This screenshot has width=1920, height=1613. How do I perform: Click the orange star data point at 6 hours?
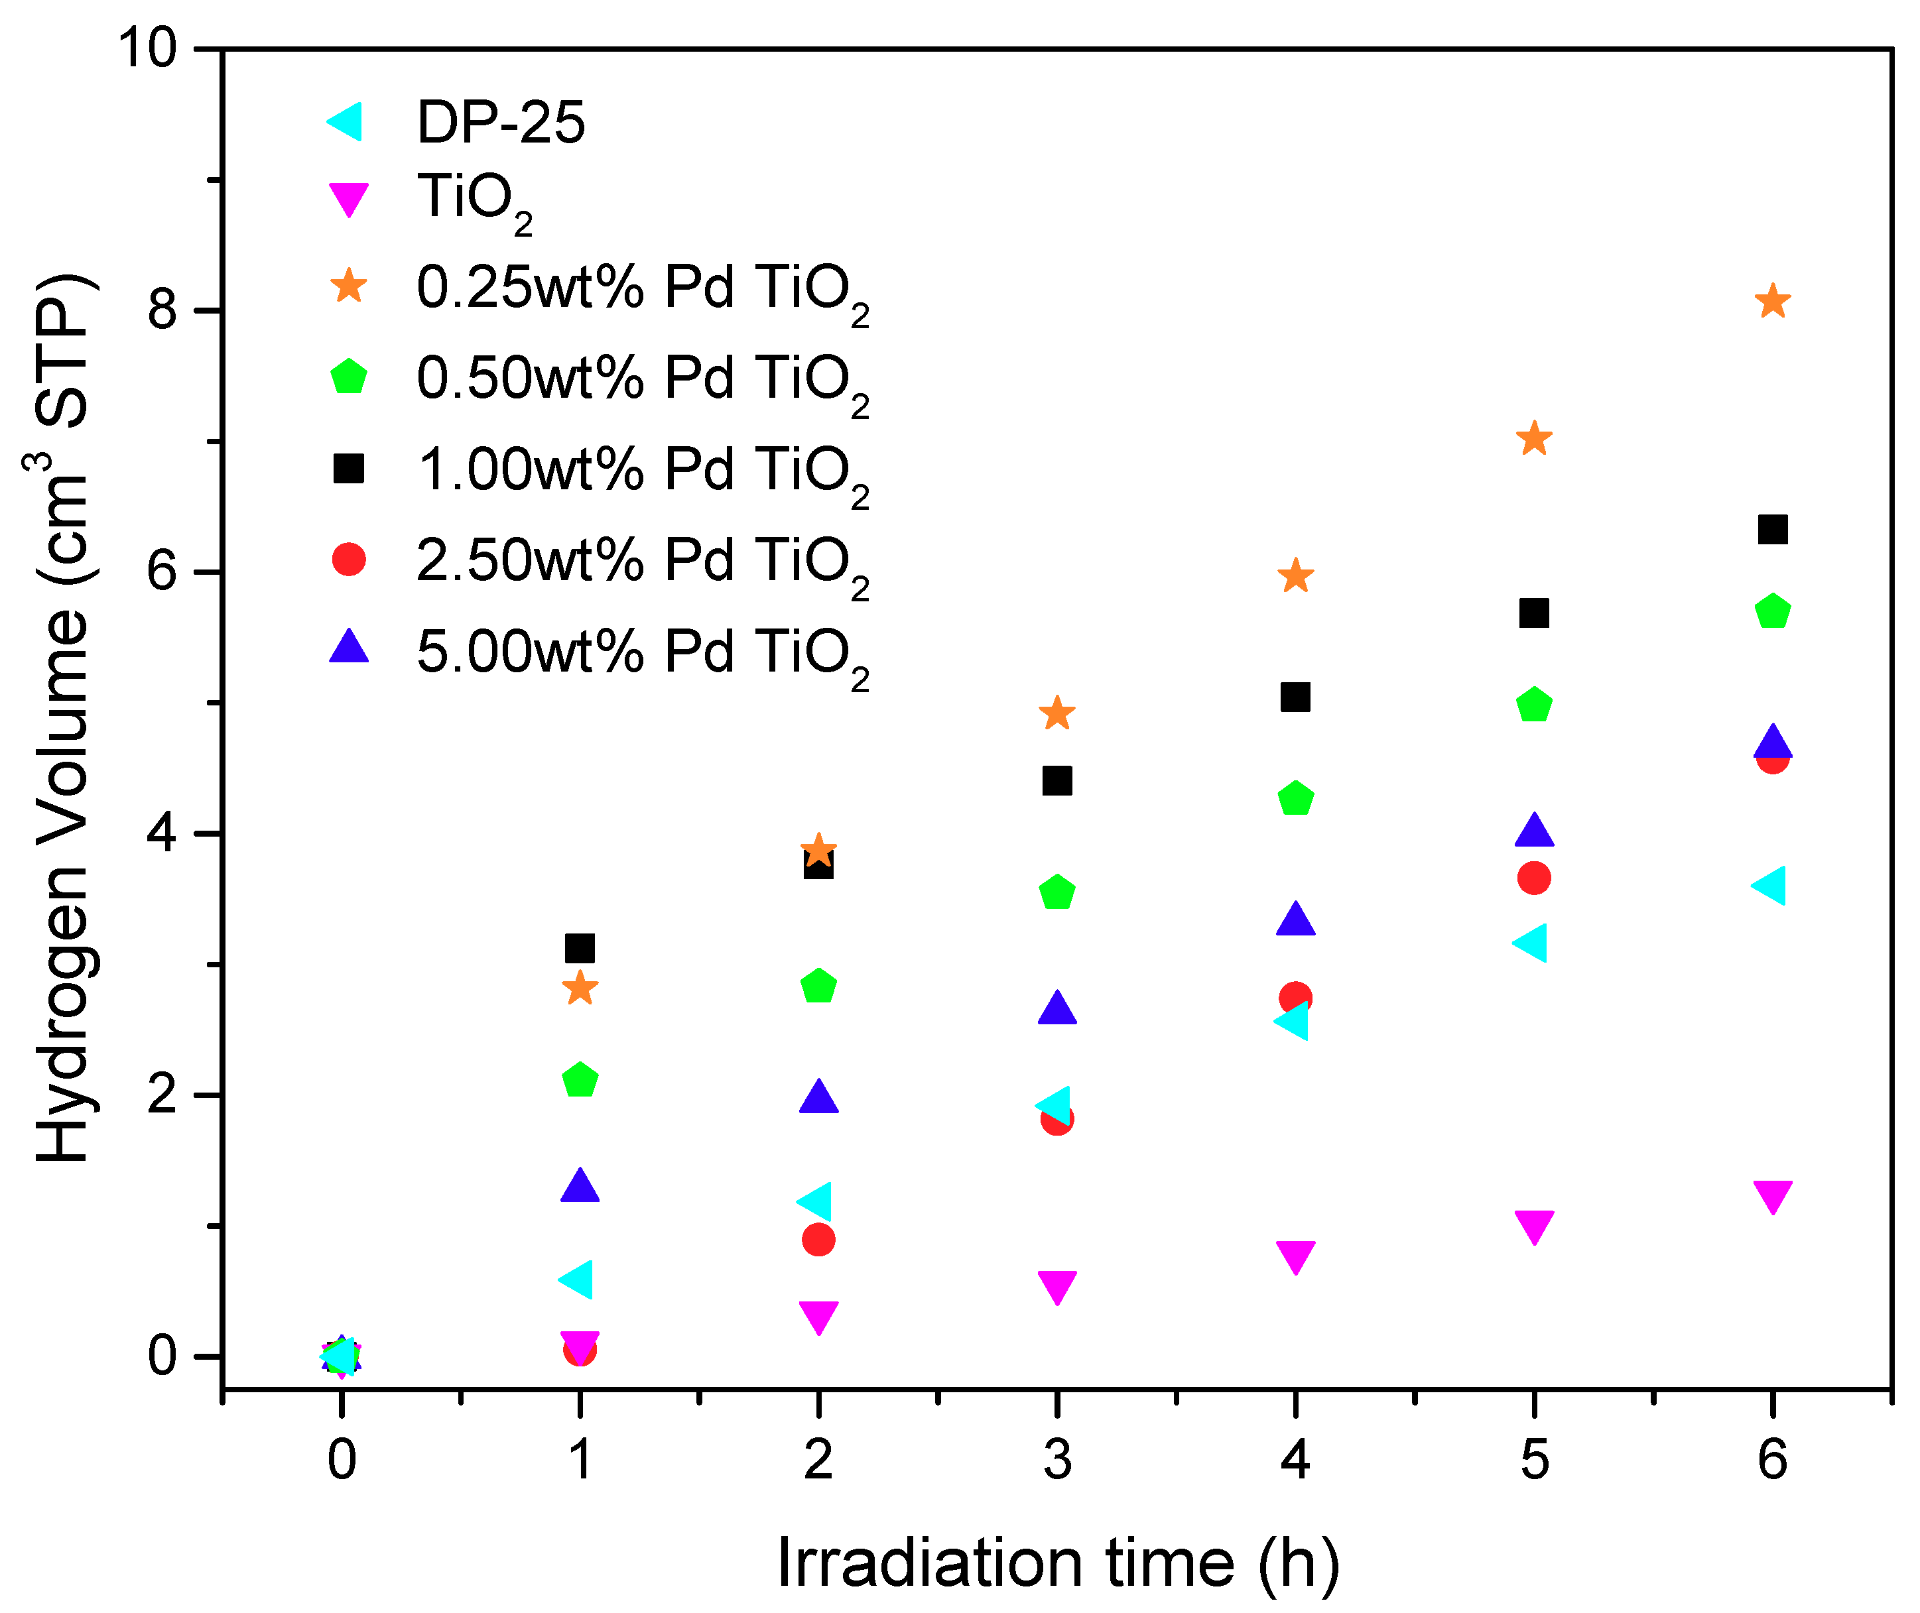point(1772,302)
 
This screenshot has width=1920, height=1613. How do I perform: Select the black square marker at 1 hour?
point(580,948)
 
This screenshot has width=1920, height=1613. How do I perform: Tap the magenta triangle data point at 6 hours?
point(1772,1196)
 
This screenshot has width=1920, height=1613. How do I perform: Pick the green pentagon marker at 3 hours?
point(1056,892)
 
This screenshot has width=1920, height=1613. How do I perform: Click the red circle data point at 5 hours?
point(1534,878)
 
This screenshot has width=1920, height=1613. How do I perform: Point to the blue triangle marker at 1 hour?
point(580,1186)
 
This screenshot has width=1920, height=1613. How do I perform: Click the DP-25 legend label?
point(500,123)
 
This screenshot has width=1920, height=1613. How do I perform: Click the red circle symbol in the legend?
point(348,559)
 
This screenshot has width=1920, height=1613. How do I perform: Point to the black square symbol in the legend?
point(348,468)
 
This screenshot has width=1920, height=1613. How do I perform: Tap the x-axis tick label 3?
point(1056,1459)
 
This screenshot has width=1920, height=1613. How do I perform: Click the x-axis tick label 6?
point(1772,1459)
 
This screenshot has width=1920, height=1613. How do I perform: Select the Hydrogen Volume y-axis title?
point(62,718)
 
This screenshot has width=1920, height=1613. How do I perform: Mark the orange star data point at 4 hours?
point(1295,577)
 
